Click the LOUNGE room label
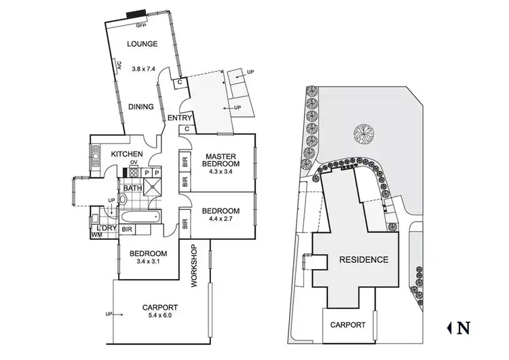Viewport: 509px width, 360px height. pyautogui.click(x=143, y=44)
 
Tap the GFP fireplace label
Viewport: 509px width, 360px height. pyautogui.click(x=141, y=25)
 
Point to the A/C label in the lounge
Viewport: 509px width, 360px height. pyautogui.click(x=118, y=67)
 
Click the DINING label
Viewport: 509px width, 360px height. pyautogui.click(x=141, y=107)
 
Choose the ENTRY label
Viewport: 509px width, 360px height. pyautogui.click(x=180, y=118)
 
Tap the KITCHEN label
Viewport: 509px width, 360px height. pyautogui.click(x=127, y=154)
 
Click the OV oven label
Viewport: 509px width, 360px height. pyautogui.click(x=134, y=163)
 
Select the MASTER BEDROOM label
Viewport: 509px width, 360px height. pyautogui.click(x=223, y=160)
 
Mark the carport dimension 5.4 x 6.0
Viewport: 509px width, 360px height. pyautogui.click(x=161, y=316)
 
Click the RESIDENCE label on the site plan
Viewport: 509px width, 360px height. pyautogui.click(x=359, y=259)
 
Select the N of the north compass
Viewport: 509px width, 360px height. pyautogui.click(x=464, y=327)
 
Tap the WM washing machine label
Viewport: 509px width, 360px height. pyautogui.click(x=96, y=235)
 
